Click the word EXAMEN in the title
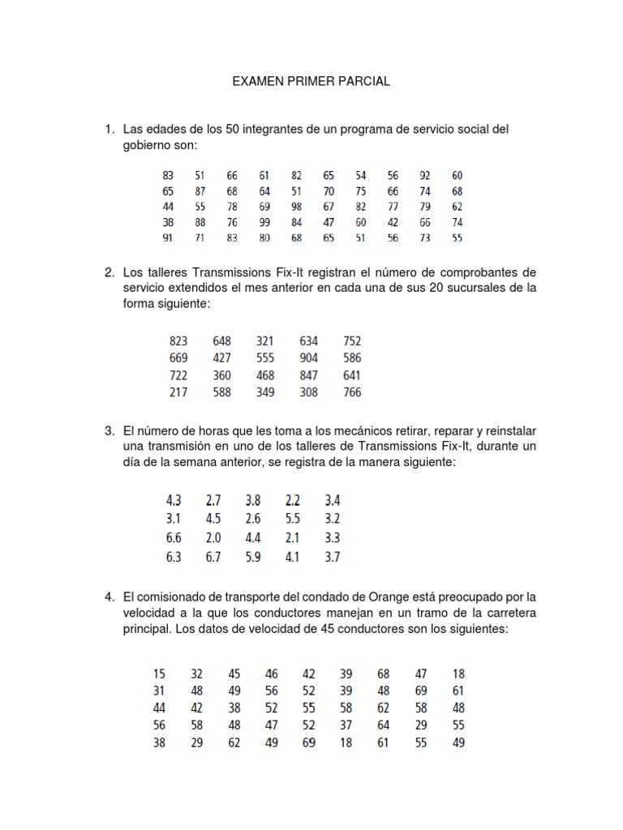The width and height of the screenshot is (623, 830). coord(256,81)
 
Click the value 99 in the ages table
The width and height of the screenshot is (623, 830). coord(264,222)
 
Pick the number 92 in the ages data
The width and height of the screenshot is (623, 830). coord(425,175)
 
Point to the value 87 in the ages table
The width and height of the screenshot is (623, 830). coord(200,190)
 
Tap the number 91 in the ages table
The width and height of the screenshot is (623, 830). coord(168,238)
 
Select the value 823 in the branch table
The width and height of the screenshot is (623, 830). coord(178,340)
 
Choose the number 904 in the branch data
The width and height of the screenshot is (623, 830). coord(309,357)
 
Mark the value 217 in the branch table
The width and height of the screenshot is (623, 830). coord(178,392)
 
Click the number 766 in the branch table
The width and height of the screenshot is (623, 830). coord(352,392)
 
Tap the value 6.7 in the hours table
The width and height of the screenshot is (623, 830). coord(213,556)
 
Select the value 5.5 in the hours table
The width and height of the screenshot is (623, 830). coord(293,519)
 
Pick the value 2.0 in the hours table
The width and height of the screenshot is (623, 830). coord(213,537)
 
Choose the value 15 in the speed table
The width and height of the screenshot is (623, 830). coord(159,674)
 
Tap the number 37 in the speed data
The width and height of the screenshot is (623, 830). coord(346,725)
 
